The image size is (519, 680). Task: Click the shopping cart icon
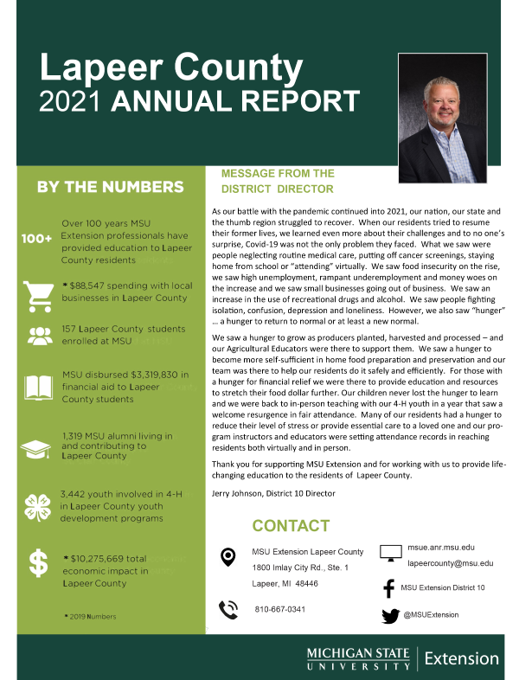click(39, 296)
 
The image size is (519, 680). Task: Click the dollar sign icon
click(38, 563)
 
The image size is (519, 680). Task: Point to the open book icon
click(39, 387)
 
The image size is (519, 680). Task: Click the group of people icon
click(39, 337)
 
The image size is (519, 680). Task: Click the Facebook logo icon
click(388, 588)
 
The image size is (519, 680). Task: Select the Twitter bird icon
click(390, 616)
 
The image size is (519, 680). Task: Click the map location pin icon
click(228, 556)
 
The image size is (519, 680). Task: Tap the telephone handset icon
click(228, 609)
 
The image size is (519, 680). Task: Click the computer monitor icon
click(391, 553)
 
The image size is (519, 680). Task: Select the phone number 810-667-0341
click(279, 609)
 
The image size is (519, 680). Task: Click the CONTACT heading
click(291, 526)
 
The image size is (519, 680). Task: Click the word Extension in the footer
click(461, 658)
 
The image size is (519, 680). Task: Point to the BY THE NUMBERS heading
click(110, 187)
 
